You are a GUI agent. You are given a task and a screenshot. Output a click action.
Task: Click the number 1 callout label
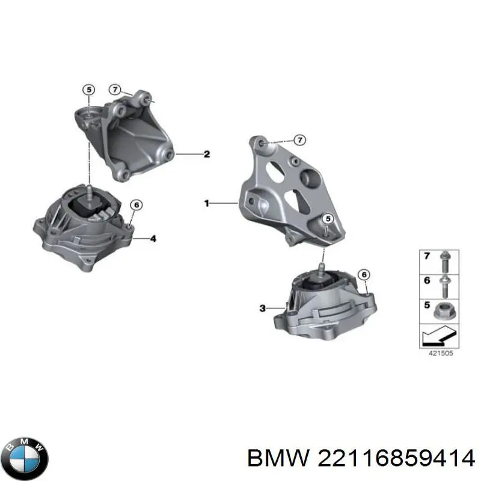pos(206,204)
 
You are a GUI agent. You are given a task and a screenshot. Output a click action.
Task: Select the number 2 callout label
pos(206,155)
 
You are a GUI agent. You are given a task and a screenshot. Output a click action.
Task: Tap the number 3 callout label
pos(262,308)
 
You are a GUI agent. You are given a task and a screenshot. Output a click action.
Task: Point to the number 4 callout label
pos(153,239)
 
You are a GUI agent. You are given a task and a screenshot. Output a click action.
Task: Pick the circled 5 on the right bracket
pos(327,219)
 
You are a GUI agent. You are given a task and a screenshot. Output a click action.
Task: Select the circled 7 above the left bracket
pos(115,90)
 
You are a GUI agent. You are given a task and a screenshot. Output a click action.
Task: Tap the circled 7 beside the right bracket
pos(299,139)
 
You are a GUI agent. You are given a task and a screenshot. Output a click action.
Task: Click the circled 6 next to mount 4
pos(136,206)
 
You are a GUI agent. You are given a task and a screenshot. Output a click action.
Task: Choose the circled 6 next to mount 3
pos(363,275)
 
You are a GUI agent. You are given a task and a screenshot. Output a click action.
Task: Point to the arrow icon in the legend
pos(438,333)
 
